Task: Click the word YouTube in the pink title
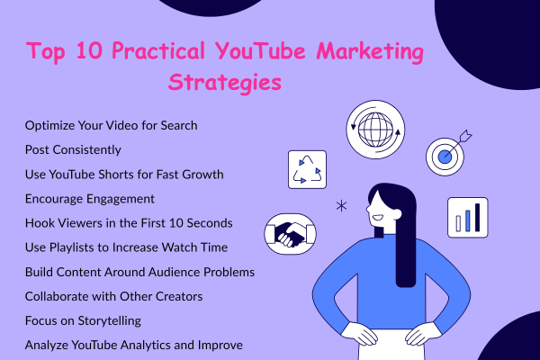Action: click(261, 51)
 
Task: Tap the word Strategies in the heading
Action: click(225, 83)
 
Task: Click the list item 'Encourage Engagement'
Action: click(91, 198)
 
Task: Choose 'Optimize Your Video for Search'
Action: click(112, 124)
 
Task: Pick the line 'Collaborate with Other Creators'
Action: click(112, 294)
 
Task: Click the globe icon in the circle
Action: click(372, 129)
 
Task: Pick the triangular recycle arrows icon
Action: click(306, 169)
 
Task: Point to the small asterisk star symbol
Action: click(341, 206)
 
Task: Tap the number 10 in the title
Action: click(89, 51)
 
